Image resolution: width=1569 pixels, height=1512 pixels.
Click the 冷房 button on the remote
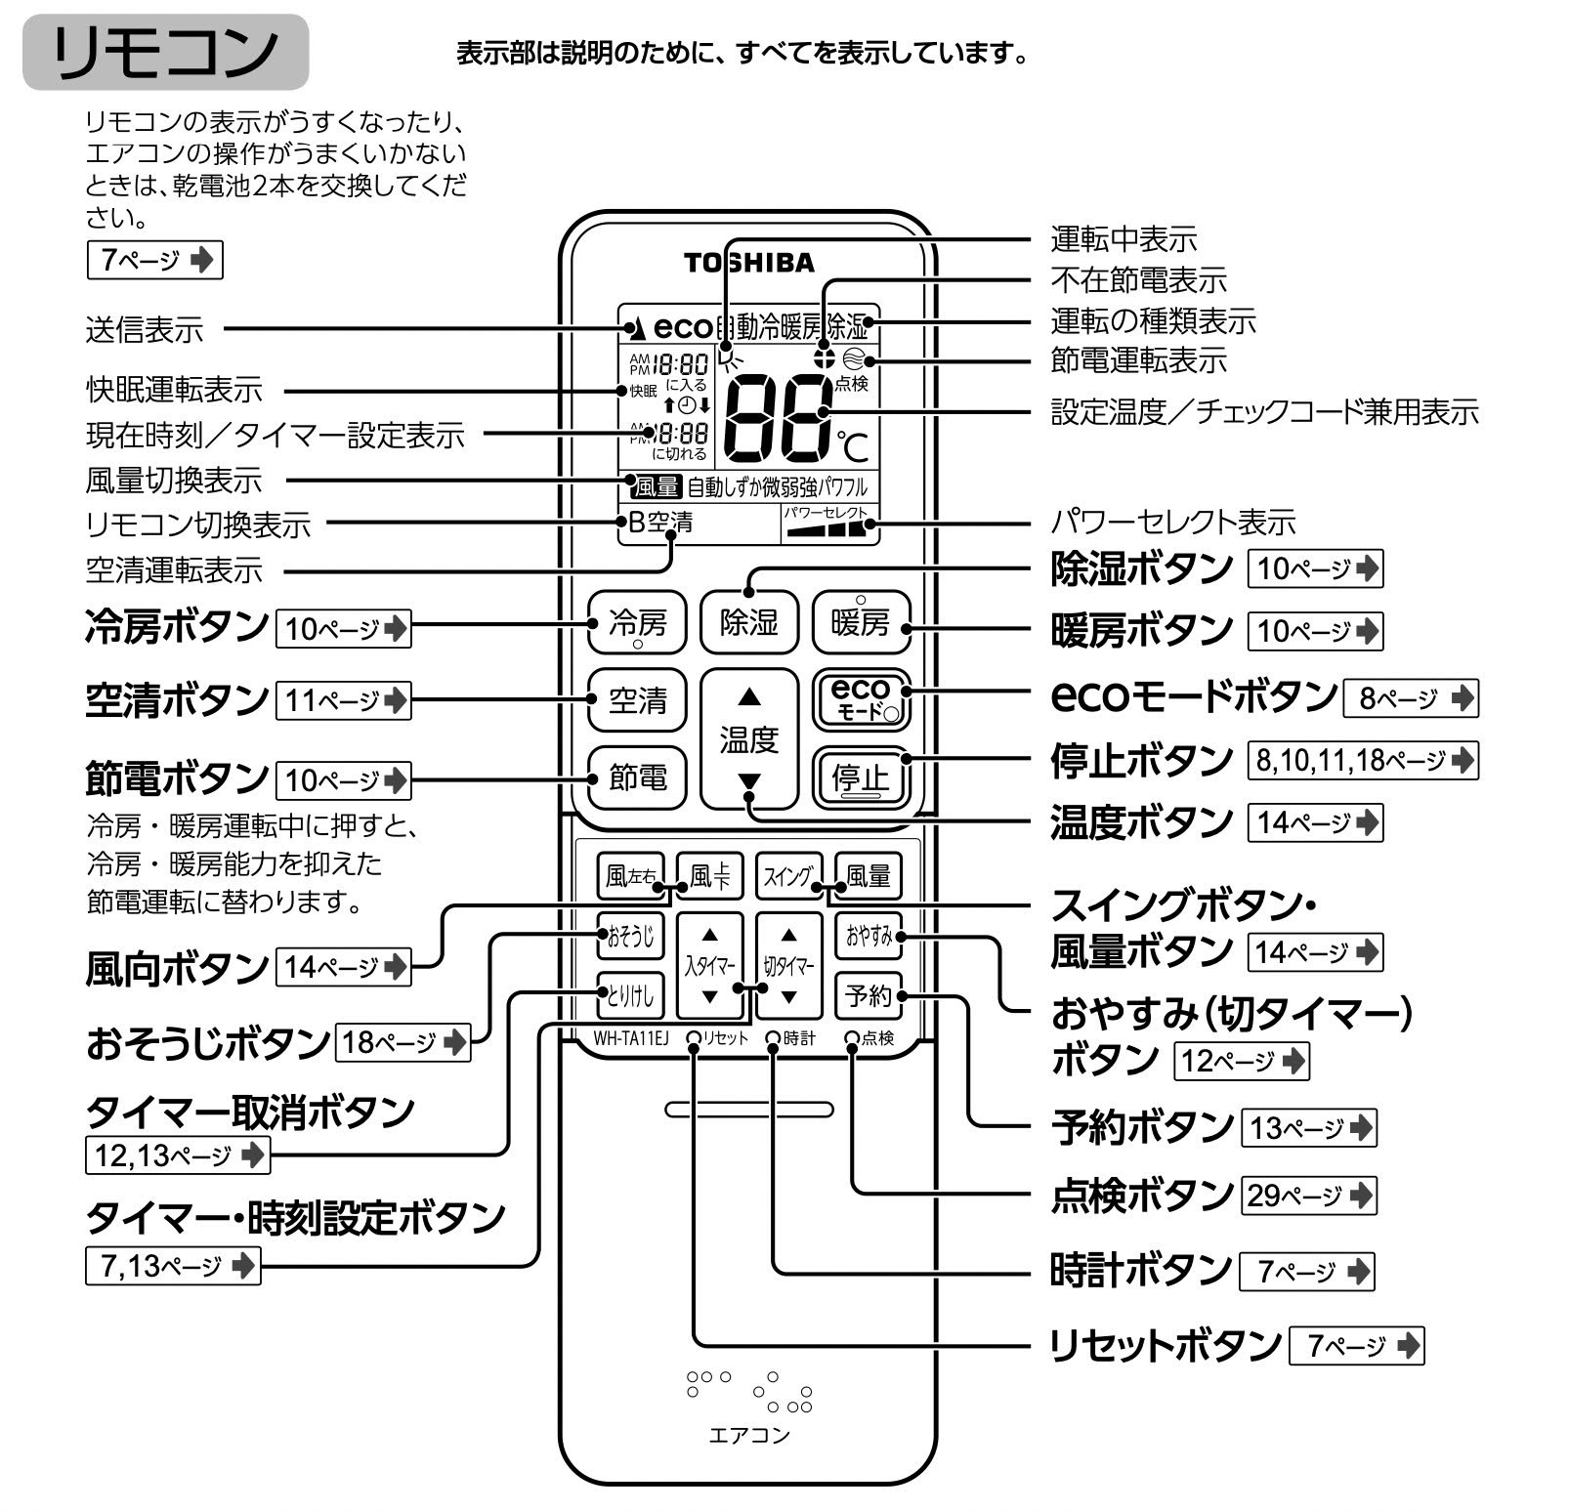(x=637, y=623)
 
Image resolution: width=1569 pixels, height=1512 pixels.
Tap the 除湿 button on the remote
(x=748, y=623)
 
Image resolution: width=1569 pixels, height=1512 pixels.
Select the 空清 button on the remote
(x=637, y=700)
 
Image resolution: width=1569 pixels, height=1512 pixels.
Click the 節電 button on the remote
(x=637, y=777)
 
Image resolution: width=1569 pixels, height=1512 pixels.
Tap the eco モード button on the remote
(x=861, y=699)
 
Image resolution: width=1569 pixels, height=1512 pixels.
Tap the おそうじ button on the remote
(x=630, y=936)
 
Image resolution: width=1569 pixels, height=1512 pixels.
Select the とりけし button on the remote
(x=630, y=996)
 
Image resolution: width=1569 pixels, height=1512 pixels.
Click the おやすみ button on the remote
(x=869, y=936)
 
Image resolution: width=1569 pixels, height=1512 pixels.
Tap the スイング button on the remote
(x=788, y=876)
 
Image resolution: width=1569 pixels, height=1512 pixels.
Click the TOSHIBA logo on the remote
(x=748, y=263)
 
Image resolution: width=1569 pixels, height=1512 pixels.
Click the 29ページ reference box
(x=1308, y=1195)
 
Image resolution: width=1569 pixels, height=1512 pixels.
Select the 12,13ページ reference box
(x=177, y=1155)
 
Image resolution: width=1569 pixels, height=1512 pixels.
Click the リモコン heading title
(x=165, y=52)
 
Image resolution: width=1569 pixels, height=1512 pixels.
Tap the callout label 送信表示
(x=145, y=330)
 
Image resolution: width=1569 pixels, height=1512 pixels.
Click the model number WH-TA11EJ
(x=630, y=1038)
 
